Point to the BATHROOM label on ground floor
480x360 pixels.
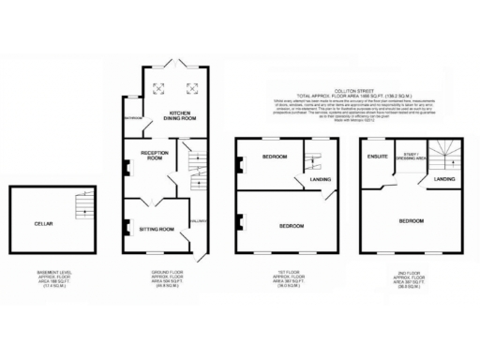pyautogui.click(x=132, y=119)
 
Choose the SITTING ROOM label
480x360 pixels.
pyautogui.click(x=157, y=229)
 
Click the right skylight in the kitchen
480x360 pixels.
pyautogui.click(x=195, y=87)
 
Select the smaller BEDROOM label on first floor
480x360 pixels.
pyautogui.click(x=274, y=156)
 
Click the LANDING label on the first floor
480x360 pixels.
pyautogui.click(x=321, y=178)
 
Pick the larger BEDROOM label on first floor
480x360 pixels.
pyautogui.click(x=292, y=227)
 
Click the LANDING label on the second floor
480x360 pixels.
pyautogui.click(x=445, y=178)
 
